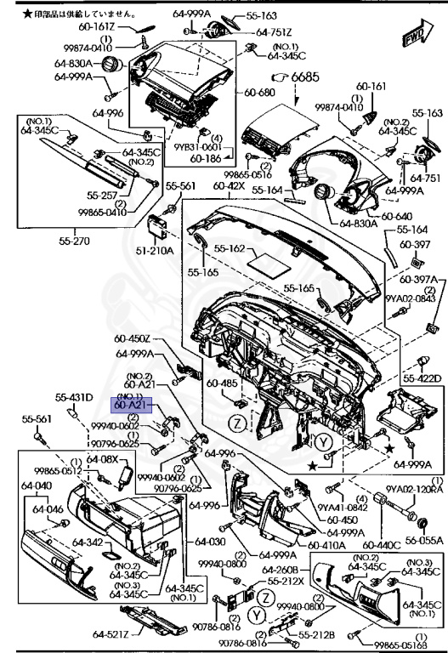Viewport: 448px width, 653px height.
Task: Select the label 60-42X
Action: (x=230, y=185)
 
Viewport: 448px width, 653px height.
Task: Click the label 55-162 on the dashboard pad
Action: (x=230, y=249)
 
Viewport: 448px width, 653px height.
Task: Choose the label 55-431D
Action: (x=73, y=397)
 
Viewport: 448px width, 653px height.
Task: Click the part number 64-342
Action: (x=86, y=542)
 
